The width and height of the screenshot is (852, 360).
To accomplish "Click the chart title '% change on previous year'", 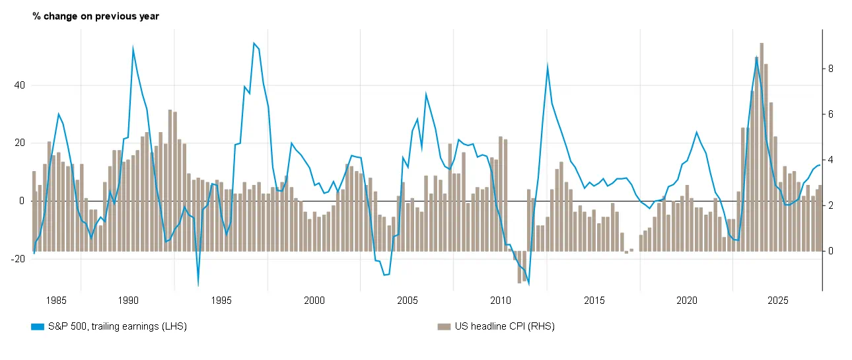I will click(x=96, y=16).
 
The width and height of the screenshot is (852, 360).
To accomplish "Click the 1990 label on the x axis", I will click(x=127, y=301).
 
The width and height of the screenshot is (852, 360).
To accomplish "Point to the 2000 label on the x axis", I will click(x=314, y=301).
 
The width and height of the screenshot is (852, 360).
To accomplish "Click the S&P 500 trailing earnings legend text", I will click(x=118, y=326).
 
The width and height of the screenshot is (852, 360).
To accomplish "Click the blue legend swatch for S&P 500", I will click(x=37, y=326).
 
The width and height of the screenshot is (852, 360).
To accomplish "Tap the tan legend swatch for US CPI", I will click(x=444, y=326).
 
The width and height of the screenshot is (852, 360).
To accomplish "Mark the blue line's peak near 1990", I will click(x=133, y=49).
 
